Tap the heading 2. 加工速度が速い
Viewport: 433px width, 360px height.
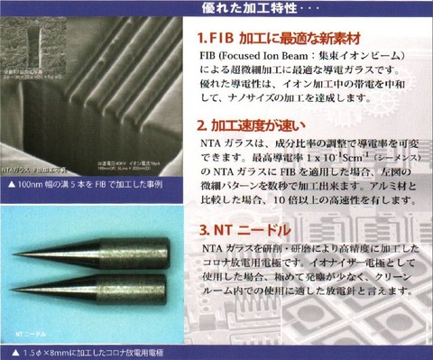click(x=252, y=126)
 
